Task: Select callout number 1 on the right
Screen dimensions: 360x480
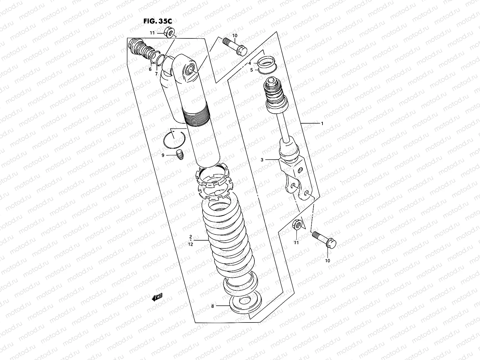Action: [x=322, y=123]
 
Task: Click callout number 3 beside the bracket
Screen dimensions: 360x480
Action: [x=262, y=160]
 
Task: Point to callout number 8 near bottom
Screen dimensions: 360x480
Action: [x=213, y=306]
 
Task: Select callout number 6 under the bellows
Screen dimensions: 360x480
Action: [x=150, y=69]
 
